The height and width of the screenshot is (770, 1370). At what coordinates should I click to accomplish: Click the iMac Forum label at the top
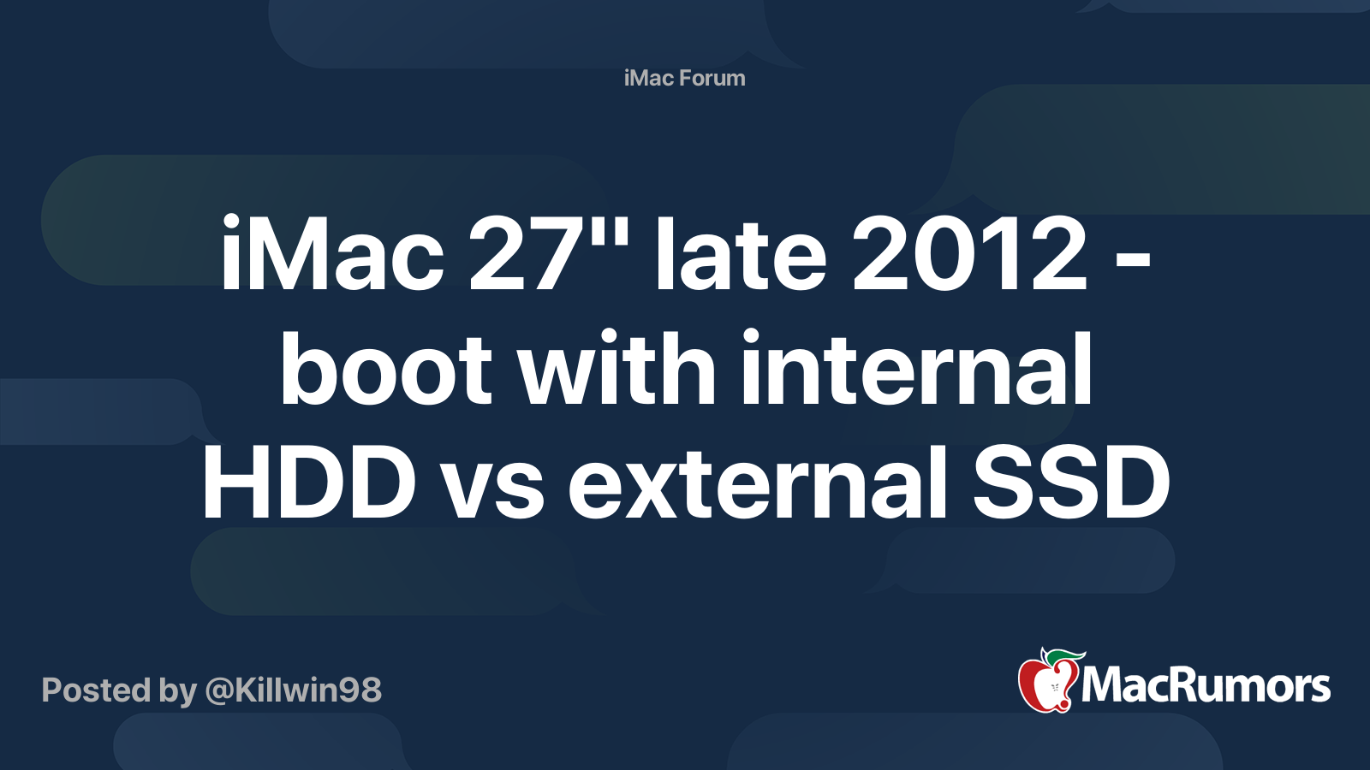[684, 78]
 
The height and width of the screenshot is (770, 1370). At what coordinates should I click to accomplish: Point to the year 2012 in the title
[970, 253]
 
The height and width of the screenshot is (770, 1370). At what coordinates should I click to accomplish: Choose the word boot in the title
[386, 368]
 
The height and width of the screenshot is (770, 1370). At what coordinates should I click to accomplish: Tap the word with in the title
[617, 368]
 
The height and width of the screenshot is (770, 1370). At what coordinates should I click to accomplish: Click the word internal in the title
[916, 368]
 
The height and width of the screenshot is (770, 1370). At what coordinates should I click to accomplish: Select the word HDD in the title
[309, 483]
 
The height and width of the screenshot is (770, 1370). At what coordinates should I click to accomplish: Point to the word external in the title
[757, 483]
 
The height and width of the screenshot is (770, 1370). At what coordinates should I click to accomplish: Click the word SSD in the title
[1071, 483]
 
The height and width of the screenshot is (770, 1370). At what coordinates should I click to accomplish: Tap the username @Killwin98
[293, 690]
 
